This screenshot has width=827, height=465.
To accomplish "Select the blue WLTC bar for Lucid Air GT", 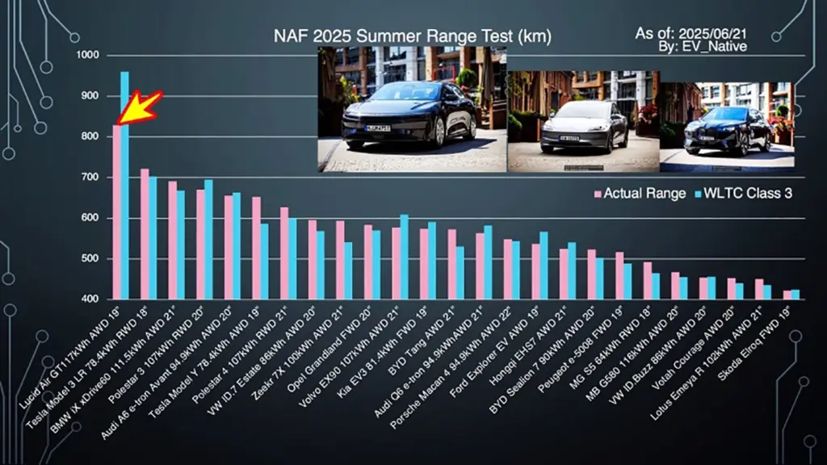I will point(125,186).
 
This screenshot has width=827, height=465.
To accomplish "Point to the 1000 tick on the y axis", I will point(87,56).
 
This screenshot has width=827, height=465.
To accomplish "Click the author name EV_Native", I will point(721,47).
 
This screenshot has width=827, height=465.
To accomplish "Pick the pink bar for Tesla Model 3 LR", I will point(145,234).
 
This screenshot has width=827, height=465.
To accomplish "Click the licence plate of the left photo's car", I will point(377,128).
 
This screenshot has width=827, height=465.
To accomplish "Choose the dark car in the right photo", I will point(727,129).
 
